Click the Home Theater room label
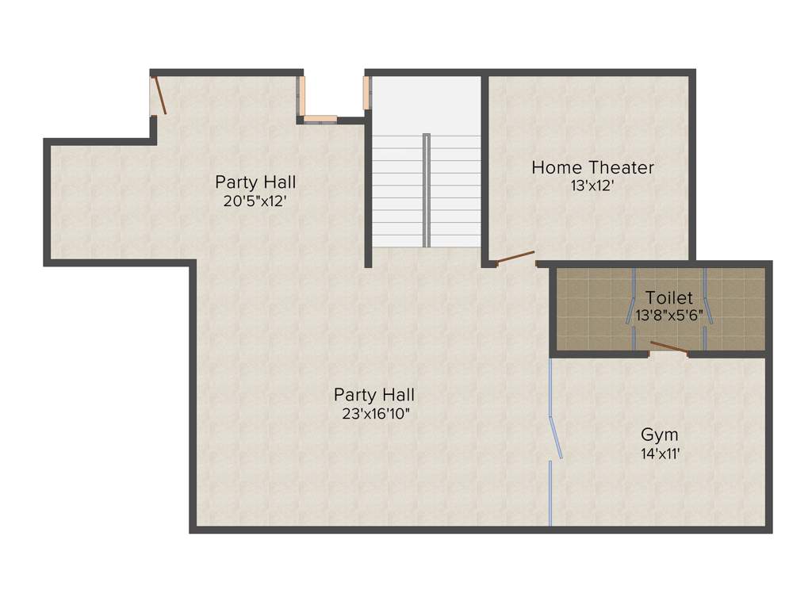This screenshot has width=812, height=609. point(592,167)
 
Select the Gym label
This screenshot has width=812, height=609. point(659,435)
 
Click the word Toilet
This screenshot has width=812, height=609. point(668,298)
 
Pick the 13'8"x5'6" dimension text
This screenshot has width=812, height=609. point(669,315)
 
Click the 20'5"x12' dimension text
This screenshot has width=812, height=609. point(255,201)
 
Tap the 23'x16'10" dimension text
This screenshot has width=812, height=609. point(373,413)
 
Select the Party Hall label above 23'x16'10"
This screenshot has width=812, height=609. point(373,394)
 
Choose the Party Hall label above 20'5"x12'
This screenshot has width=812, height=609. point(255,182)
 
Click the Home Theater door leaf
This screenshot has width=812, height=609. point(515,257)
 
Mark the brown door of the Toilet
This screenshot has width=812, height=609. point(668,346)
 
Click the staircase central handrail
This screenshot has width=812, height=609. point(426,190)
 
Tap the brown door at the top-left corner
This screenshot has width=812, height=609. point(159,94)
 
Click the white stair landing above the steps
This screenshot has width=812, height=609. point(426,104)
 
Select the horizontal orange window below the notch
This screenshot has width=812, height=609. point(320,120)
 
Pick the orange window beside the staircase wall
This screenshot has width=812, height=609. point(366,93)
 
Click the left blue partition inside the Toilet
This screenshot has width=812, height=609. point(634,308)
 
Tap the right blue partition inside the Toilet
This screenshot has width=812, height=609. point(706,308)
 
